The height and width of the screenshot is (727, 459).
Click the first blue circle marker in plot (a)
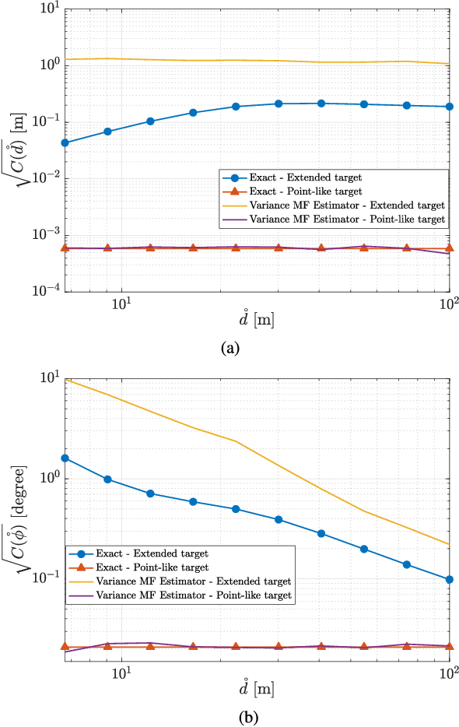tap(65, 142)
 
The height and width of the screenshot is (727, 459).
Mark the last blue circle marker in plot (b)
tap(450, 579)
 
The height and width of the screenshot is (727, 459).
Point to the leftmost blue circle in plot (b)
tap(65, 458)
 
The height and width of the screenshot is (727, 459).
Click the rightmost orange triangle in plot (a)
tap(450, 248)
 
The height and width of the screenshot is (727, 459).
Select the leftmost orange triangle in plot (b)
tap(65, 647)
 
